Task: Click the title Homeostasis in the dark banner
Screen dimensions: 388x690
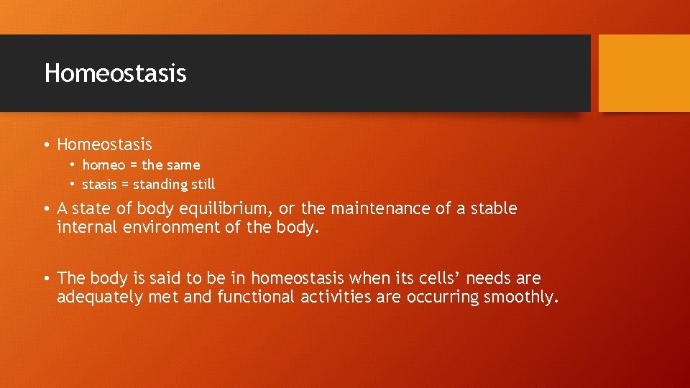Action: [x=115, y=73]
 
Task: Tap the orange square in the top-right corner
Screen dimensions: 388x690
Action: [x=644, y=73]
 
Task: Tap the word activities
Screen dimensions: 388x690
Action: [x=336, y=297]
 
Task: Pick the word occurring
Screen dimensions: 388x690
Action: [x=442, y=297]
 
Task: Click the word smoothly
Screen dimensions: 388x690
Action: [x=520, y=297]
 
